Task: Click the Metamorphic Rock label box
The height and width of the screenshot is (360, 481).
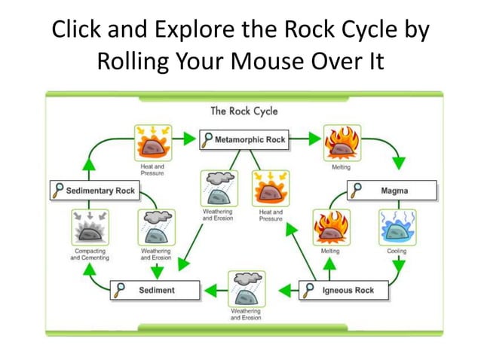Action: click(244, 140)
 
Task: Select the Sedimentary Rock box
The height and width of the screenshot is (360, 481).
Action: click(94, 191)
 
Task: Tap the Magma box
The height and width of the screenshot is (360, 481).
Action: click(392, 191)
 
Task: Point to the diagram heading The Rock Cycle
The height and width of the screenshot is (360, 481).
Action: click(244, 111)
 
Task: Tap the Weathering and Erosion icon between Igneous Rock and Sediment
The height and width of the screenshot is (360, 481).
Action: click(246, 288)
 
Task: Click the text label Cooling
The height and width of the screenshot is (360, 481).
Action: click(397, 252)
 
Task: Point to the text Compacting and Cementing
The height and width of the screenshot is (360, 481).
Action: click(90, 255)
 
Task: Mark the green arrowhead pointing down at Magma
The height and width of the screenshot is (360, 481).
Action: click(399, 163)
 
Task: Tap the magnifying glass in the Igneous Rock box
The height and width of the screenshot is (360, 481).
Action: click(310, 290)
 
